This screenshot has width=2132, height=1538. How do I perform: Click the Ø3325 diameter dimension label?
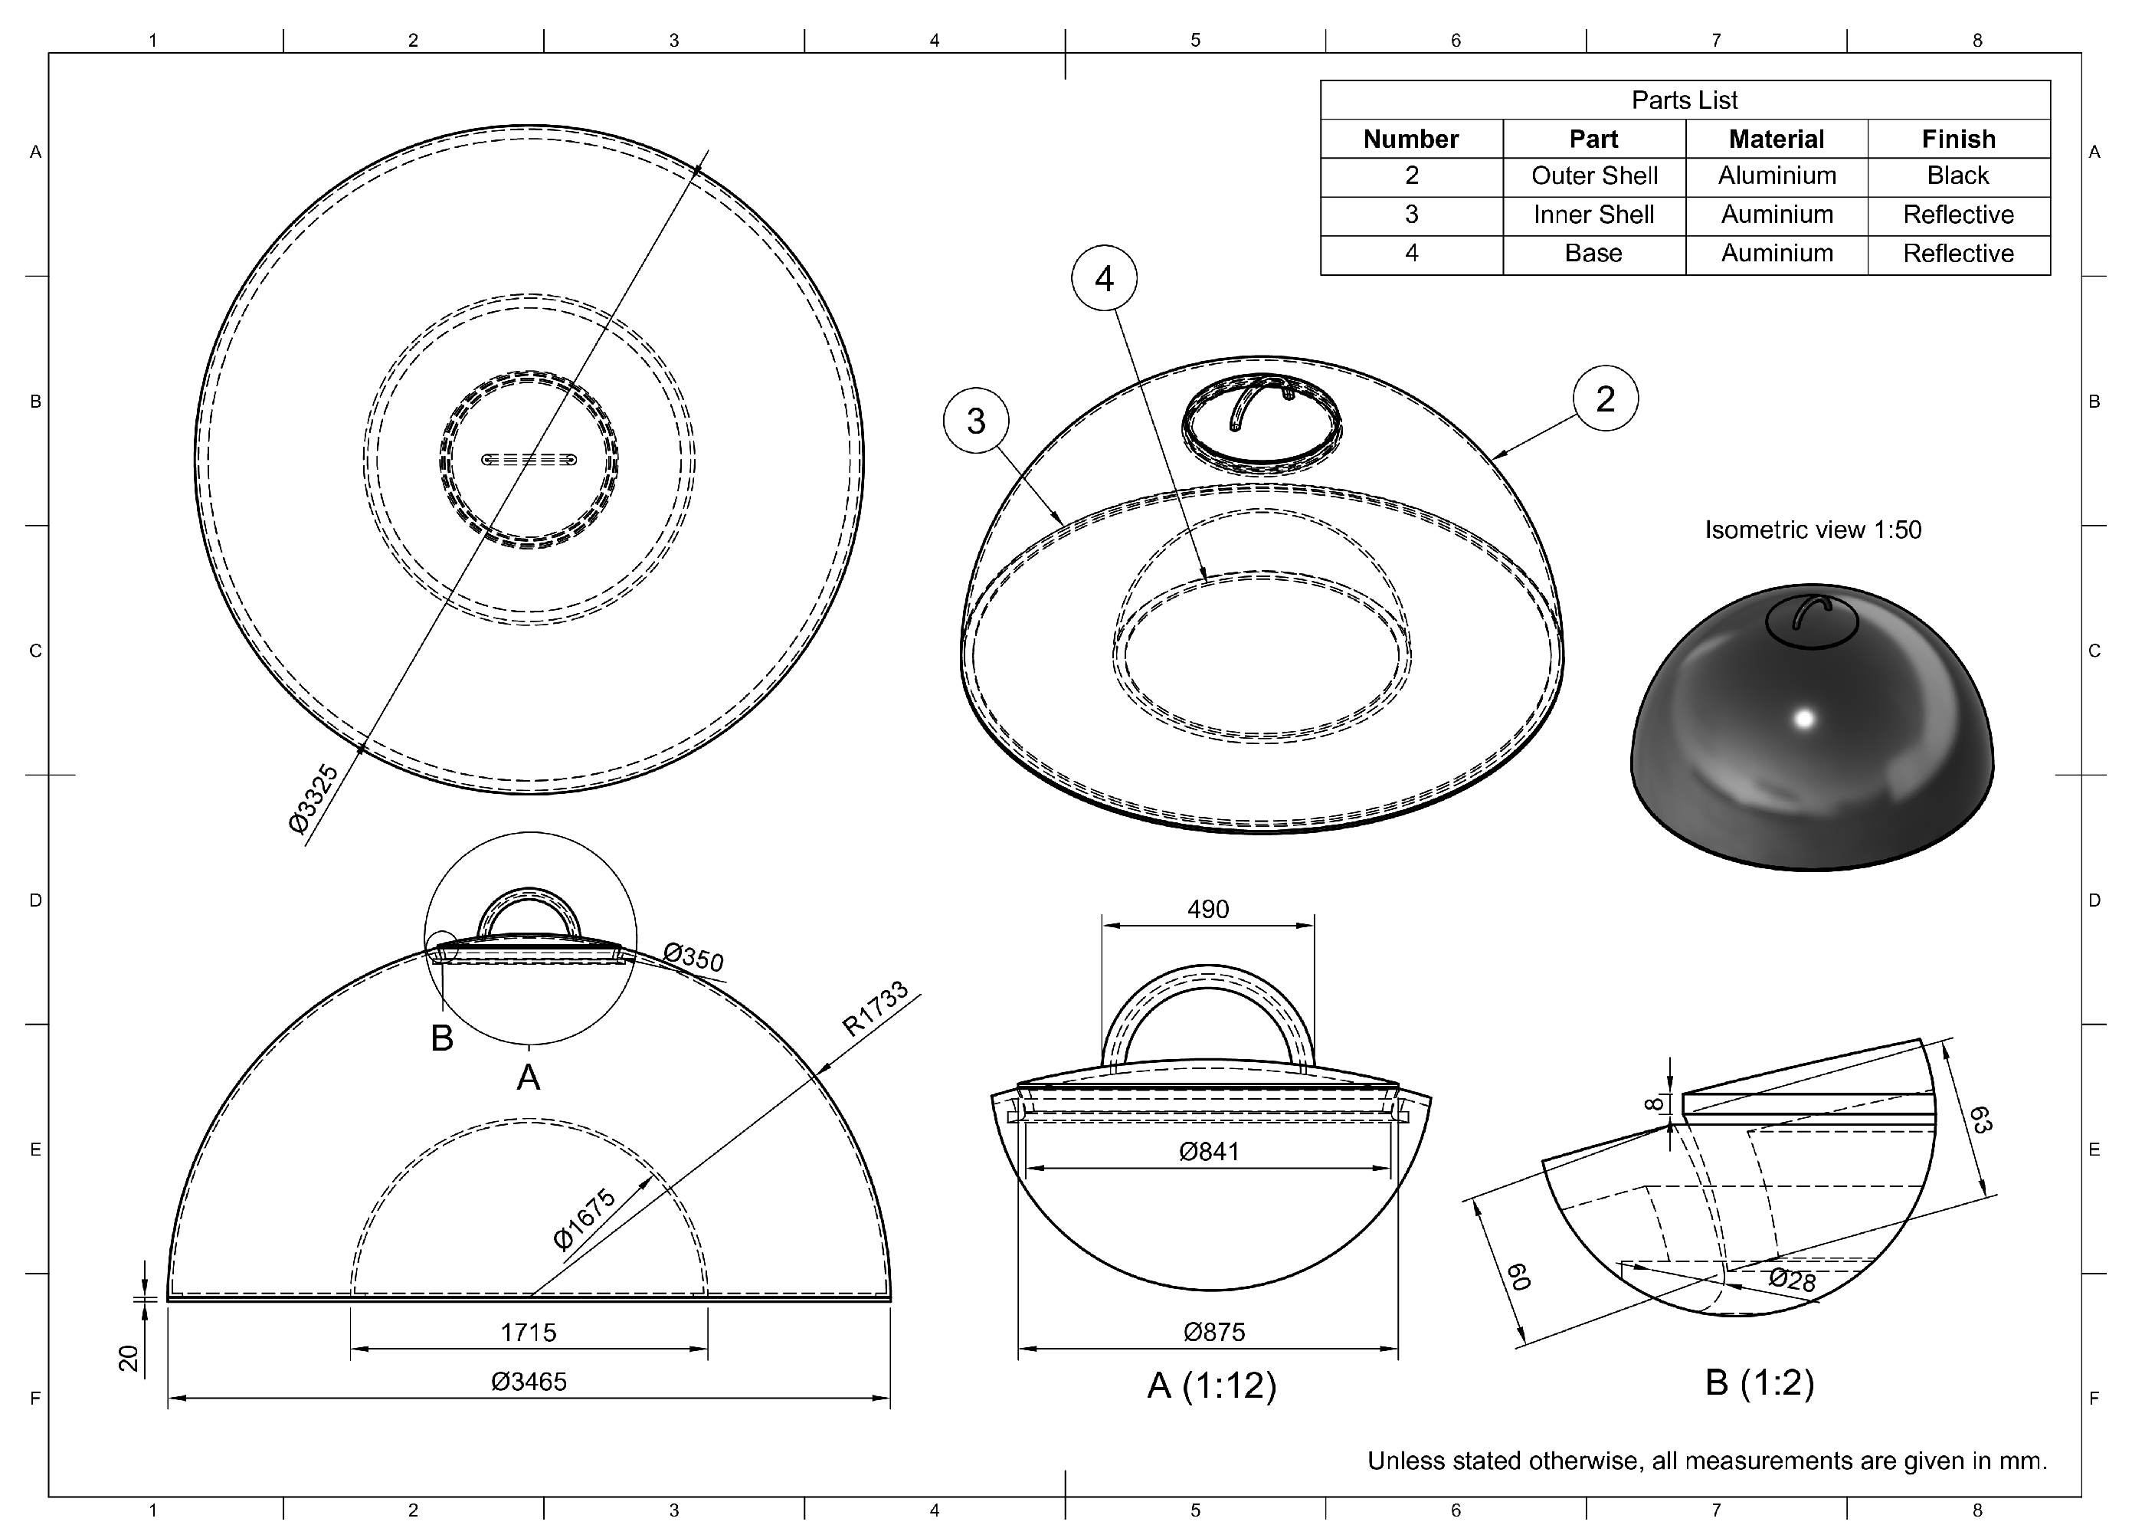(314, 799)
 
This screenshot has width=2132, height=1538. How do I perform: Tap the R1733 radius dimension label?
(875, 1008)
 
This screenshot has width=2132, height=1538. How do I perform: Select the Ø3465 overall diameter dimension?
(529, 1382)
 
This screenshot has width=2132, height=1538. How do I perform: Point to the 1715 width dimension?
(529, 1332)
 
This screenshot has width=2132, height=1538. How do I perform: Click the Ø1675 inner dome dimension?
(584, 1219)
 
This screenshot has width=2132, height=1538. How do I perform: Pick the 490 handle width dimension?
(1208, 909)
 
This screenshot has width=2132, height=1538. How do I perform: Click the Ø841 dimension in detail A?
(1209, 1151)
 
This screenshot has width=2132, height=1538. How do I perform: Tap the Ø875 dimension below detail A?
(1213, 1332)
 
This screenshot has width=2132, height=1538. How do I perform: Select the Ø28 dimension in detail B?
(1792, 1280)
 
